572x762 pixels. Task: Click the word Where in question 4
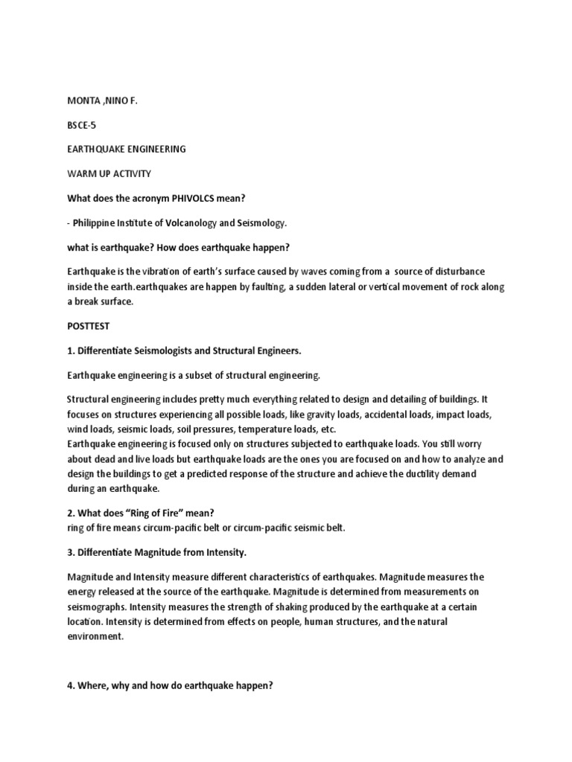[x=92, y=685]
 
